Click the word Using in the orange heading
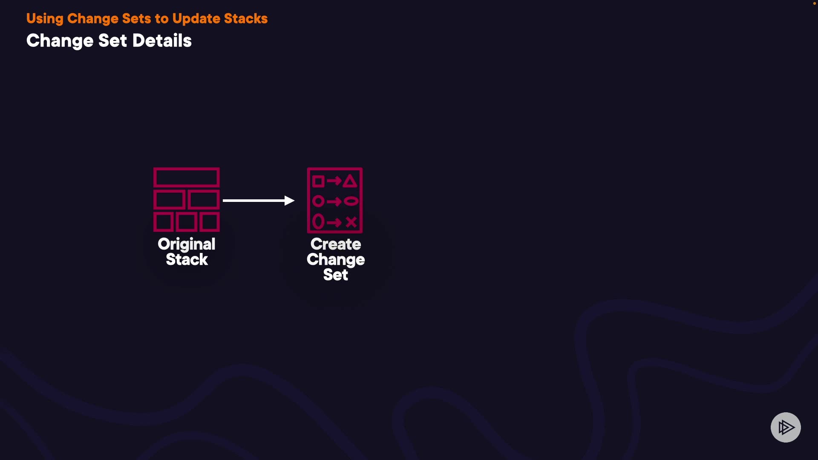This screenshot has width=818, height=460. click(45, 19)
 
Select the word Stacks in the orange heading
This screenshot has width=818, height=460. click(246, 19)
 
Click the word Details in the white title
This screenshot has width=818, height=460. click(162, 41)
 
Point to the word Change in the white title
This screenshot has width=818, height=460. click(60, 41)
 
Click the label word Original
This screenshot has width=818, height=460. click(187, 244)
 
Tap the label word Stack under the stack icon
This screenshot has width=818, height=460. click(187, 259)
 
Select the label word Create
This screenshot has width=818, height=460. click(336, 244)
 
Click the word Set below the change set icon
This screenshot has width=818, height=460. click(336, 275)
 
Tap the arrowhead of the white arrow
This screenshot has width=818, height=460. click(290, 200)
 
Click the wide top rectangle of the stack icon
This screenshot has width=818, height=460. click(187, 178)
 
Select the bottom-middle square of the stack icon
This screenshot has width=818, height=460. click(187, 222)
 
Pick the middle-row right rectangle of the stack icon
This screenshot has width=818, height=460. click(203, 200)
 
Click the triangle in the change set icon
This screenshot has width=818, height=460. click(350, 181)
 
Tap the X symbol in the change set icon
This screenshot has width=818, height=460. click(351, 222)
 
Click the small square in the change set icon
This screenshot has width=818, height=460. click(318, 181)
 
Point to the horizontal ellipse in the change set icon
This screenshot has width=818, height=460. click(351, 201)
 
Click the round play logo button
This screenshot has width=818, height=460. click(786, 427)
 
